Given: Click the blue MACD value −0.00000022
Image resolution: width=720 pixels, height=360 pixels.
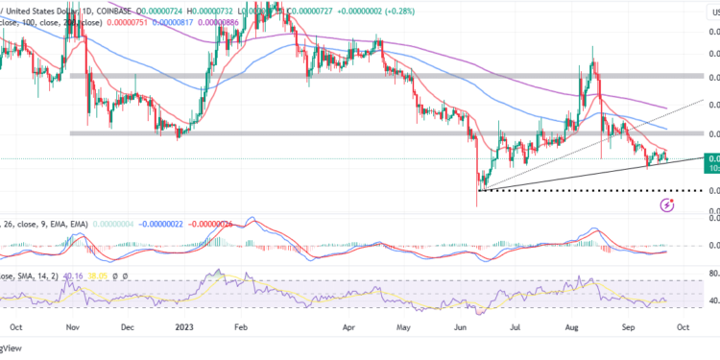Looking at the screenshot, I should click(171, 224).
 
